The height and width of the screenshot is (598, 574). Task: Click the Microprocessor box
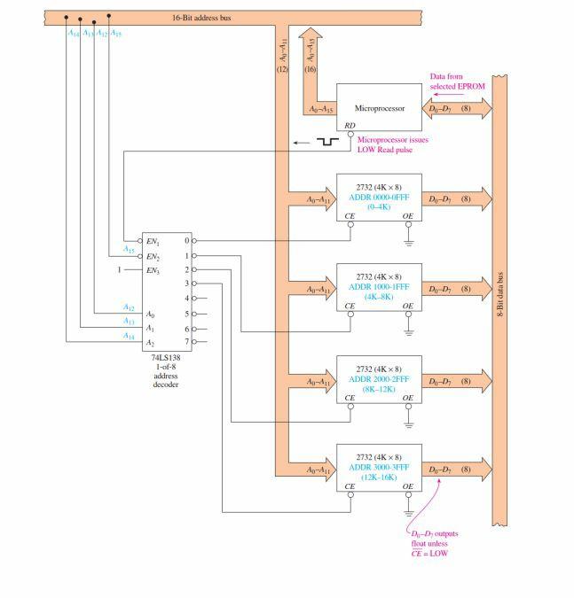click(379, 109)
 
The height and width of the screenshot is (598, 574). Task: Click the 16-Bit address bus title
click(201, 17)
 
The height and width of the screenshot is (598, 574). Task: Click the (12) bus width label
click(283, 69)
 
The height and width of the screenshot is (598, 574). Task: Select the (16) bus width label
click(311, 69)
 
